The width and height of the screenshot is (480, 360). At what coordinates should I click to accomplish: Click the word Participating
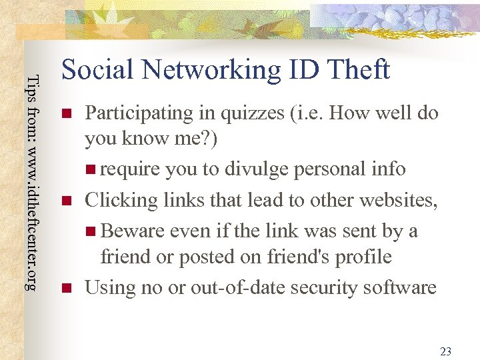(x=139, y=113)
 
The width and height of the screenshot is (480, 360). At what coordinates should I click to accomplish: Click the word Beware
(x=133, y=231)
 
